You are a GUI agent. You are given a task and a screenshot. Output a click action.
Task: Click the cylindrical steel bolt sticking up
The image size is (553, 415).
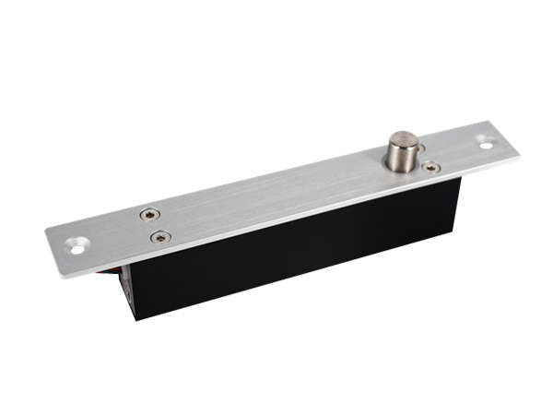pos(402,153)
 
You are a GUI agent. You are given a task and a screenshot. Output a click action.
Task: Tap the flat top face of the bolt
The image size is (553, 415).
pos(402,139)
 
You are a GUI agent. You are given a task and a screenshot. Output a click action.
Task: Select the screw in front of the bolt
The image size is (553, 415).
pos(430,167)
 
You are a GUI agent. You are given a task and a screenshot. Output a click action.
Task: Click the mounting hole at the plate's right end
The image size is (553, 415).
pos(486,143)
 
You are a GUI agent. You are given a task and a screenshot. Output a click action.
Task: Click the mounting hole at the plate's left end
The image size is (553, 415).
pos(76,245)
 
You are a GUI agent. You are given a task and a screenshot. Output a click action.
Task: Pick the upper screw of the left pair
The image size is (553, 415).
pos(149,215)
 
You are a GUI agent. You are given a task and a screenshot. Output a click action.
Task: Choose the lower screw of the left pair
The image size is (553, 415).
pos(160,237)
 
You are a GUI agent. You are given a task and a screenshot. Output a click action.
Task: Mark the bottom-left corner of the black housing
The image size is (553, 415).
pos(135,319)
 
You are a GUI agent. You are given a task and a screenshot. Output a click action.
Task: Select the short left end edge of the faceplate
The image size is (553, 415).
pos(53,254)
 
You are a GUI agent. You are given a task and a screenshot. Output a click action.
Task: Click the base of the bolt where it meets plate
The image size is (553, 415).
pos(403,169)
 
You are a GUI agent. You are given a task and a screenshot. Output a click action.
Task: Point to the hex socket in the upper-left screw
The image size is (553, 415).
pos(149,215)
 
